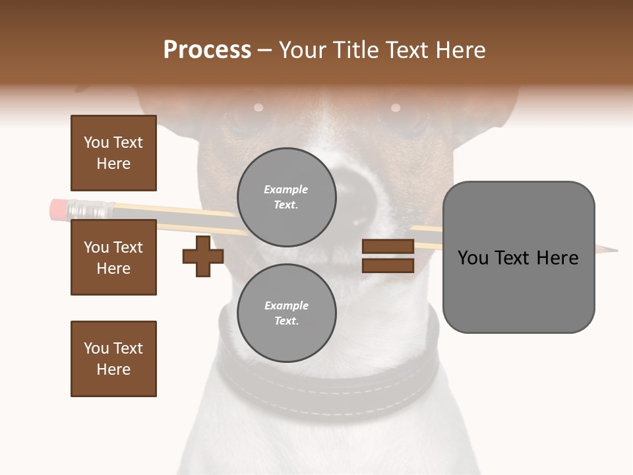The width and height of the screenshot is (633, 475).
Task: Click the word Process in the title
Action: (x=207, y=50)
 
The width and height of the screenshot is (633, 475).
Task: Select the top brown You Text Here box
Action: (x=113, y=153)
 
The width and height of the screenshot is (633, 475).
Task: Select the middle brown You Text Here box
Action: (x=113, y=257)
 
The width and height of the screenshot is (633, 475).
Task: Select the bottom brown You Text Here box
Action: (x=113, y=359)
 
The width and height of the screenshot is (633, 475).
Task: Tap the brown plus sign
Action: (x=203, y=256)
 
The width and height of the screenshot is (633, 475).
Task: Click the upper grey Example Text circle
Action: (x=286, y=197)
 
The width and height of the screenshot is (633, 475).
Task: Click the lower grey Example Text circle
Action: (x=286, y=313)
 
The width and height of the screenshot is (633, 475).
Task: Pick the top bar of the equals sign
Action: (x=388, y=246)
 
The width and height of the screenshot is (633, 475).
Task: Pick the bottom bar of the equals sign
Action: (x=388, y=265)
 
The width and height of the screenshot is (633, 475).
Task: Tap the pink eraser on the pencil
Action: (x=58, y=208)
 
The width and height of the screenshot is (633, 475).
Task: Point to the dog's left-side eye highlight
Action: (x=258, y=107)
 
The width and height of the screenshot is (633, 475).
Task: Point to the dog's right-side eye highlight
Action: (x=396, y=108)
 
